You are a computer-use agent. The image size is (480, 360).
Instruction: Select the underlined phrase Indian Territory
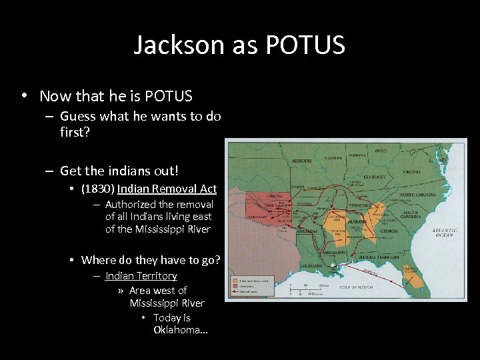141,275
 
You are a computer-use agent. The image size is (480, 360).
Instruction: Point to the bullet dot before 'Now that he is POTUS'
24,95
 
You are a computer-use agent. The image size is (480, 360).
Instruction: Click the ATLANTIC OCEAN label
443,231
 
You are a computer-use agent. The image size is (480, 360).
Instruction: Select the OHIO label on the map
380,151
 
